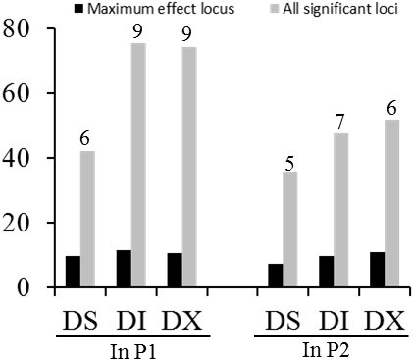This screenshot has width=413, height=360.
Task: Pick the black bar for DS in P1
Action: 73,272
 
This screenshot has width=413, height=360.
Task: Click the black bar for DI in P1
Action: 123,269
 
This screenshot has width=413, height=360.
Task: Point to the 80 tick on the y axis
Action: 18,29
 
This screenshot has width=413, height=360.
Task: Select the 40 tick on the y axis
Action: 18,158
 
